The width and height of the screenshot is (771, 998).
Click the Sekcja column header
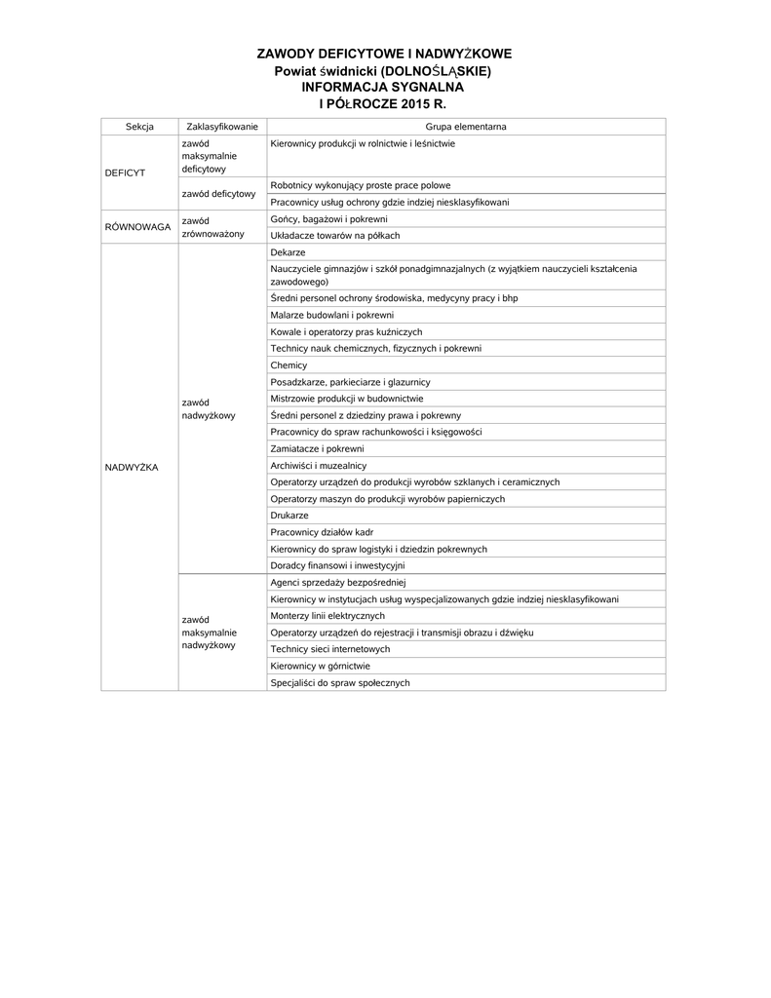pos(139,127)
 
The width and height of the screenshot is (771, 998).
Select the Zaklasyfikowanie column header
pos(221,127)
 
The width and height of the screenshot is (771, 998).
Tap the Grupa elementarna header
pos(465,127)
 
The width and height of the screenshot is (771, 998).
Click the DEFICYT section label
pos(125,173)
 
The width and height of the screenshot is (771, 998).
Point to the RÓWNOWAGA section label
pos(137,227)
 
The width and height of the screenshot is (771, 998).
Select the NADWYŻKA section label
pos(131,468)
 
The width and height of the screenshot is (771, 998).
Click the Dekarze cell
pos(289,252)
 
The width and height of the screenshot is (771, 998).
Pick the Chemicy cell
pos(289,365)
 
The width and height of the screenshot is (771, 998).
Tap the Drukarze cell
pos(289,515)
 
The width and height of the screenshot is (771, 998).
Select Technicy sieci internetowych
pos(330,649)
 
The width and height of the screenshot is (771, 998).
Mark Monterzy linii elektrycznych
pos(328,616)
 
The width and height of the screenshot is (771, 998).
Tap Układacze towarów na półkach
pos(335,236)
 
